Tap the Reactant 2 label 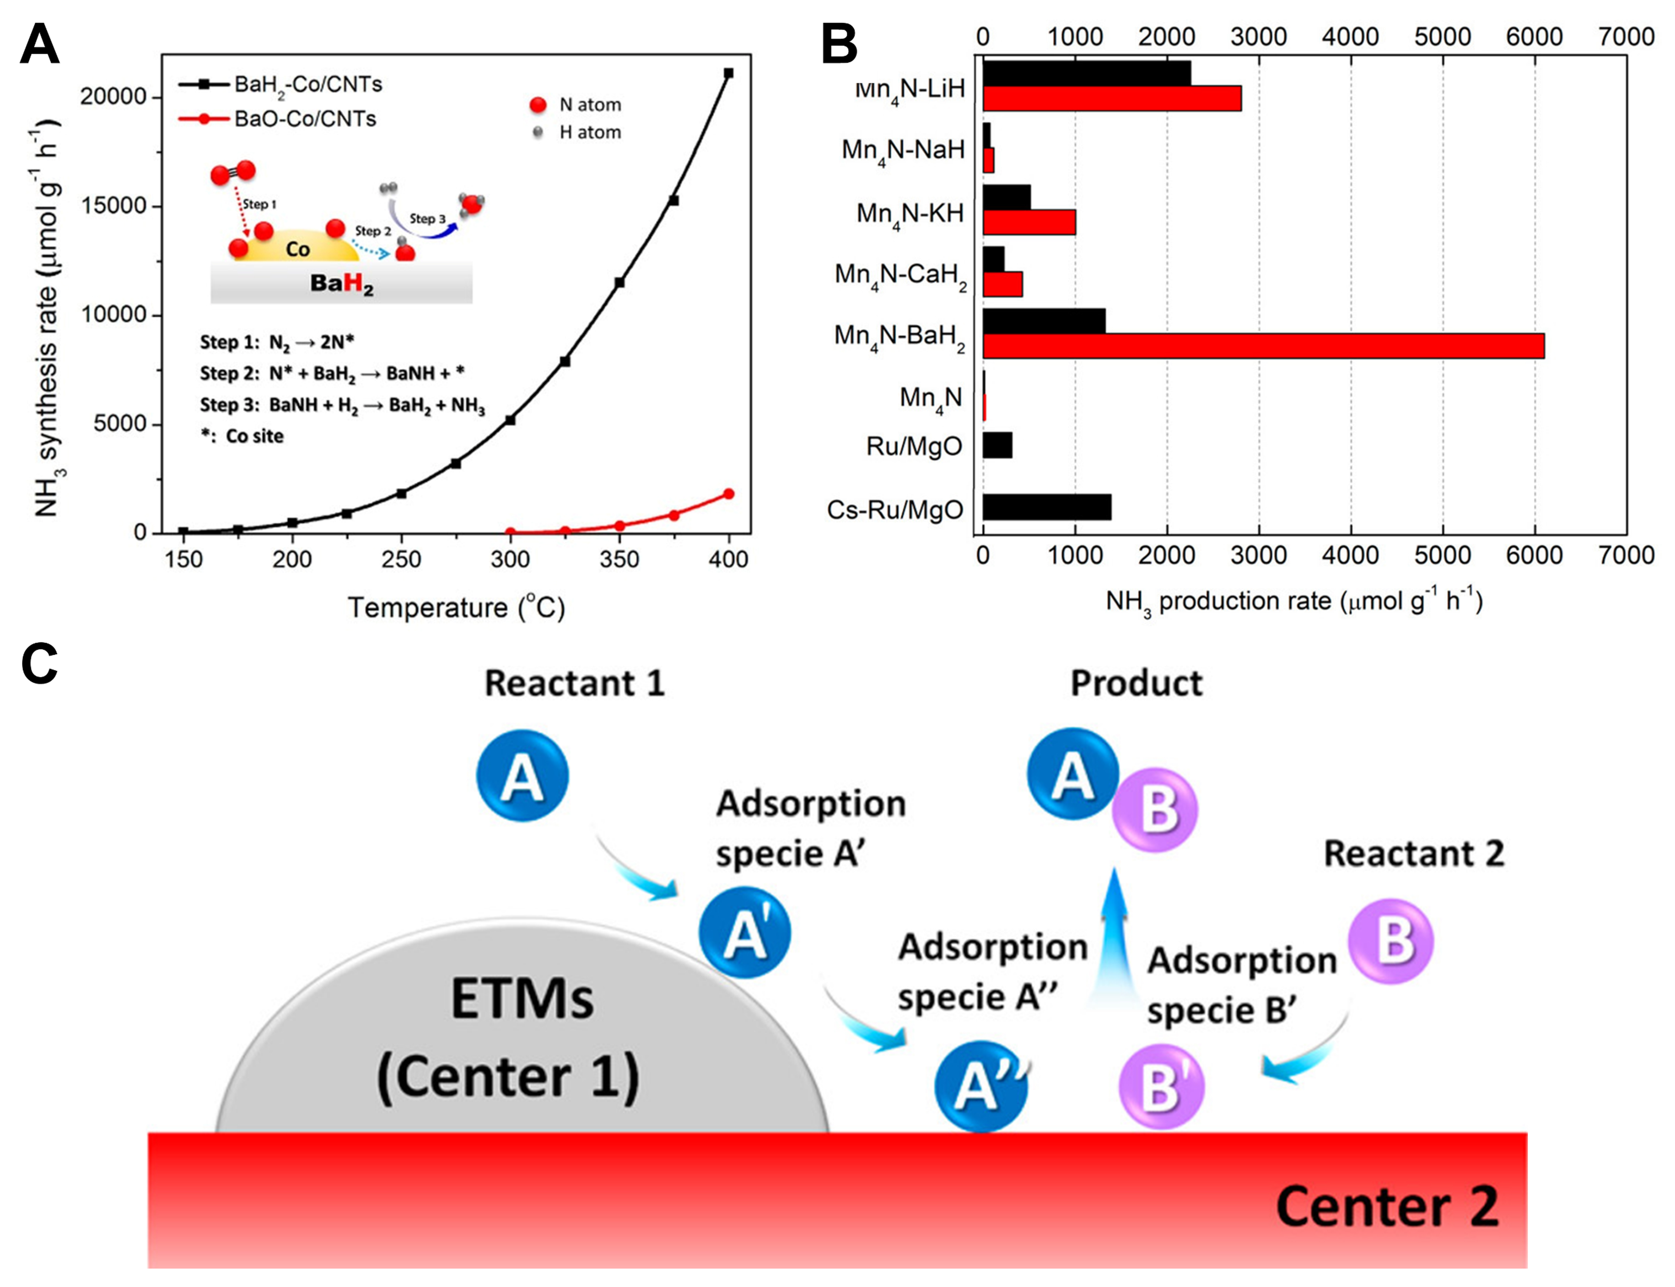point(1413,853)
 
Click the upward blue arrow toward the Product point(1116,942)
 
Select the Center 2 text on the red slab point(1386,1206)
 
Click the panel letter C point(40,664)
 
